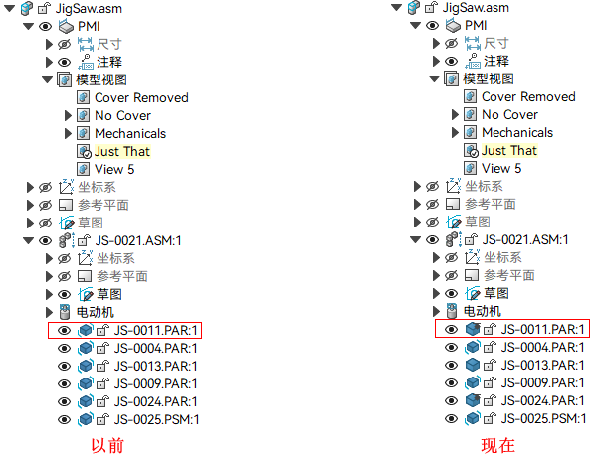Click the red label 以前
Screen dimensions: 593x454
[107, 445]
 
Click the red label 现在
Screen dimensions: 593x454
[497, 445]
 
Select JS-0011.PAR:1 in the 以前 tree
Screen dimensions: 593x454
[156, 331]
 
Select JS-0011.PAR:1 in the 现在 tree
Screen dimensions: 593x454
[543, 330]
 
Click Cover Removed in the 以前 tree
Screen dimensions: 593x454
[141, 97]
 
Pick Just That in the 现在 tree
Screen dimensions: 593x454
[509, 151]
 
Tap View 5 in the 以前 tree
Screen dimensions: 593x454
[114, 169]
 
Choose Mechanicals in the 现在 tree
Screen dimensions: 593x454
[517, 132]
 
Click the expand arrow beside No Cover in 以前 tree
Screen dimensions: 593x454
[68, 115]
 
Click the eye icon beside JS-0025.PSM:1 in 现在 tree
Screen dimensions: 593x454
[451, 419]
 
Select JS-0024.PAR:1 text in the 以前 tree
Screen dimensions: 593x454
[156, 402]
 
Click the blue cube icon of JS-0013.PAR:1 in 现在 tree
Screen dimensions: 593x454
[473, 365]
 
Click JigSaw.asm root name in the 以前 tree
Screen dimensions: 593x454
[89, 8]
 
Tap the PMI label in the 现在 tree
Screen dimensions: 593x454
[476, 25]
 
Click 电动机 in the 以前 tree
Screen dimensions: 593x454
[95, 312]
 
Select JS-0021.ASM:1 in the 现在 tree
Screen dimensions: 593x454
[525, 239]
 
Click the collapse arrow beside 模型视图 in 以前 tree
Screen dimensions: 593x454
[48, 80]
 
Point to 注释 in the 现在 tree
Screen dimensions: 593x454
[496, 62]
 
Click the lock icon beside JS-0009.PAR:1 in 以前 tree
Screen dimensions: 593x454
[102, 384]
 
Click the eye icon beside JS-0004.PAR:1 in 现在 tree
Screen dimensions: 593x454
[451, 347]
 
